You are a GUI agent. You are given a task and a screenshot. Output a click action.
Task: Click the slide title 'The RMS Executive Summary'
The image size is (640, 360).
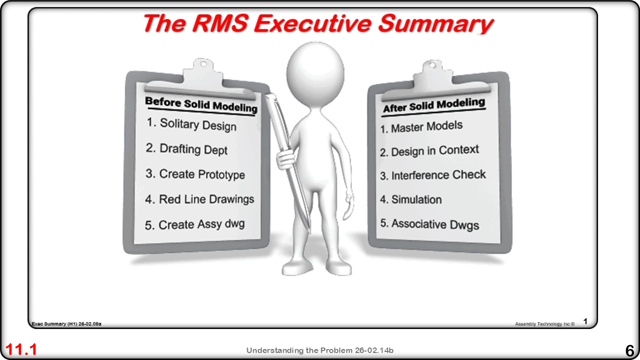[319, 23]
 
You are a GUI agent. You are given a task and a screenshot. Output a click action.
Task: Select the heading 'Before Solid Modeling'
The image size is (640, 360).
[201, 105]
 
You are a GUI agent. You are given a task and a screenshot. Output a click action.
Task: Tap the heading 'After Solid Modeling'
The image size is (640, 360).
[434, 105]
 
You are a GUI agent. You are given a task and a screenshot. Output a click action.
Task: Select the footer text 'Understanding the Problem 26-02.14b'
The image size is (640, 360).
[320, 350]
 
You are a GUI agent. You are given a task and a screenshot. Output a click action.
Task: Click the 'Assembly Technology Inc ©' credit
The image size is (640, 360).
[545, 324]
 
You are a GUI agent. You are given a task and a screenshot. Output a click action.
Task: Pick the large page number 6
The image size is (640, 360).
[630, 350]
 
